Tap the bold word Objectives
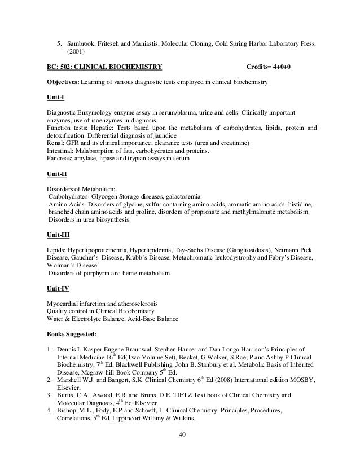point(63,82)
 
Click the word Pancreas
point(58,159)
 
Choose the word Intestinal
point(59,152)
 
